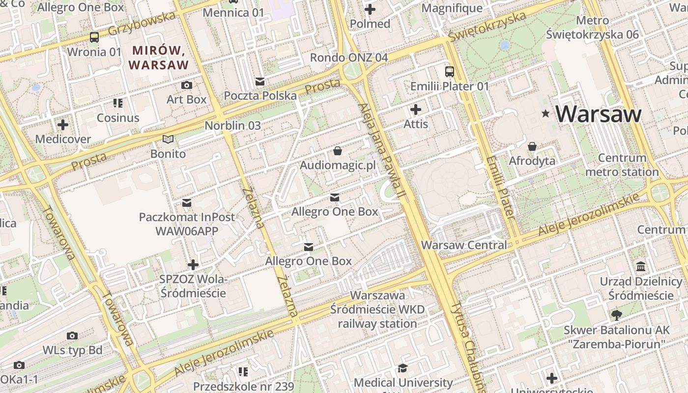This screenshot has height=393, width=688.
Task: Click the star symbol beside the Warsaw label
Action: (x=545, y=113)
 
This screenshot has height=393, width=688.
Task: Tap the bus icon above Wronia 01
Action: (x=94, y=37)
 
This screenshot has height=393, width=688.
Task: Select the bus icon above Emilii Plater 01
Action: (x=450, y=72)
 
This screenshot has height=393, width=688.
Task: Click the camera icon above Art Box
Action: (x=186, y=85)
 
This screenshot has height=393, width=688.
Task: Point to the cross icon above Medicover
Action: (x=63, y=124)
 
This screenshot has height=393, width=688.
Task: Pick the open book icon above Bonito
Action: (x=168, y=140)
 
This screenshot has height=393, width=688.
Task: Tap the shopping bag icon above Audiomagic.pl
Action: (x=338, y=150)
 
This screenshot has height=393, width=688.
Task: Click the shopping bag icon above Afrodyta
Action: (x=532, y=146)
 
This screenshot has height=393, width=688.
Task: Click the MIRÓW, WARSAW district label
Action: (x=158, y=57)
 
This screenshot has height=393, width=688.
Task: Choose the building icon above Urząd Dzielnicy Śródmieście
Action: (x=641, y=267)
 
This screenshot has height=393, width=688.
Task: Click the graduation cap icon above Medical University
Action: (x=403, y=368)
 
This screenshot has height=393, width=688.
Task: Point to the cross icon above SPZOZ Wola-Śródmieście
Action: (x=193, y=265)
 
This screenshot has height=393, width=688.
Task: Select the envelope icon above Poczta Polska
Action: (x=260, y=81)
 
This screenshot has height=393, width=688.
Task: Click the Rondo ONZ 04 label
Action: (x=349, y=57)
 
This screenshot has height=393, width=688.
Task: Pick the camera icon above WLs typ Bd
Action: (x=72, y=336)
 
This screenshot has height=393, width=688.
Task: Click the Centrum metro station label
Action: (x=622, y=165)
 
